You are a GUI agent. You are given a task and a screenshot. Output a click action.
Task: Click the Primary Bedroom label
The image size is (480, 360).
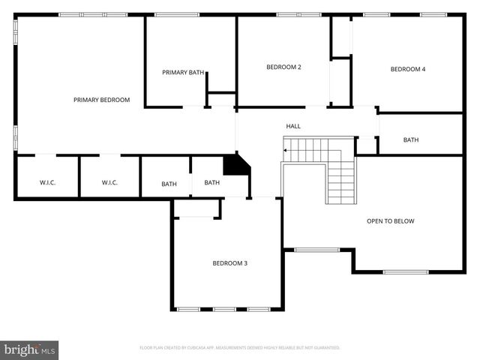tap(101, 100)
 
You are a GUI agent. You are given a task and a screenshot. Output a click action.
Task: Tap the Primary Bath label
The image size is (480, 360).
tap(183, 73)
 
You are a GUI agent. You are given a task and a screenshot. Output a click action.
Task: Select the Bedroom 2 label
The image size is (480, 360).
tap(283, 67)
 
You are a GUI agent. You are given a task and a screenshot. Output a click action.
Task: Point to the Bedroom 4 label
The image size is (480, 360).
tap(408, 70)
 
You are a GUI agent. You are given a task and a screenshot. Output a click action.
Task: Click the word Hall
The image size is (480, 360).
tap(293, 127)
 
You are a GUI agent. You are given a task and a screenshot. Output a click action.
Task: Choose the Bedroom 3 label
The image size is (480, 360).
tap(229, 263)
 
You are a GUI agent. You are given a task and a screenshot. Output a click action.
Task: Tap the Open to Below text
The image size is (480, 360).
tap(390, 221)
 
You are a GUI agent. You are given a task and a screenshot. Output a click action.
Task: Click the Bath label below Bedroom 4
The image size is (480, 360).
tap(411, 140)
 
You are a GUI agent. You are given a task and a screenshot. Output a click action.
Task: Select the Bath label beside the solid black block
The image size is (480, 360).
tap(212, 183)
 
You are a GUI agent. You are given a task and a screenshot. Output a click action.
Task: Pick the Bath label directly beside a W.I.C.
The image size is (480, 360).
tap(169, 184)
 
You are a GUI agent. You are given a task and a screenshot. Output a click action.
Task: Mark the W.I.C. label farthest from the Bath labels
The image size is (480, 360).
tap(47, 183)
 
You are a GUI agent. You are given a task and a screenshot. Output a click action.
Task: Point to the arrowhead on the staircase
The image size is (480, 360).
tap(285, 151)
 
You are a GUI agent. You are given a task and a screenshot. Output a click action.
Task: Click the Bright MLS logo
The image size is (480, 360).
tap(30, 349)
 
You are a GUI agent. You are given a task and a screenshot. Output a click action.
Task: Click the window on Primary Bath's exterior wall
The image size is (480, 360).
tap(176, 14)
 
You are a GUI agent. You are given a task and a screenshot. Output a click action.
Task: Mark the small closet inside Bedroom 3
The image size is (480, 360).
tap(196, 208)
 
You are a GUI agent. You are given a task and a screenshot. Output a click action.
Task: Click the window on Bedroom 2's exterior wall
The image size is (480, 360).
tap(298, 14)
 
